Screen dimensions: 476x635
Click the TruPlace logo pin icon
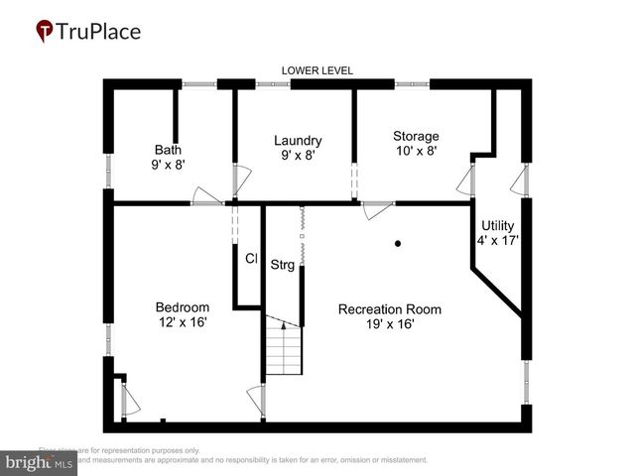45,32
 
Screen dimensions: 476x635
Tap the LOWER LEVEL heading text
317,70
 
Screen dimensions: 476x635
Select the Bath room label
168,150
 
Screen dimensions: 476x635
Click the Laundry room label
298,141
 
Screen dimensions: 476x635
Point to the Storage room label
416,136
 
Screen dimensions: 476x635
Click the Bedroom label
182,306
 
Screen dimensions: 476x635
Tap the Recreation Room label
389,309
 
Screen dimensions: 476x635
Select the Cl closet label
251,258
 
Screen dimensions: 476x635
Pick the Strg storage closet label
283,265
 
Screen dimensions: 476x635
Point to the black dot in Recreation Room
398,243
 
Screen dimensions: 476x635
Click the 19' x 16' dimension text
389,324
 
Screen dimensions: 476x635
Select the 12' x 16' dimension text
182,321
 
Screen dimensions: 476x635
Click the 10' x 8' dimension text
416,151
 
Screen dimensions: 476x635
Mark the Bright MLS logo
40,462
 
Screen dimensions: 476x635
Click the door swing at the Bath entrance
205,195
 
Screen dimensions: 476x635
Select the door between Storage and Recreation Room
378,208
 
